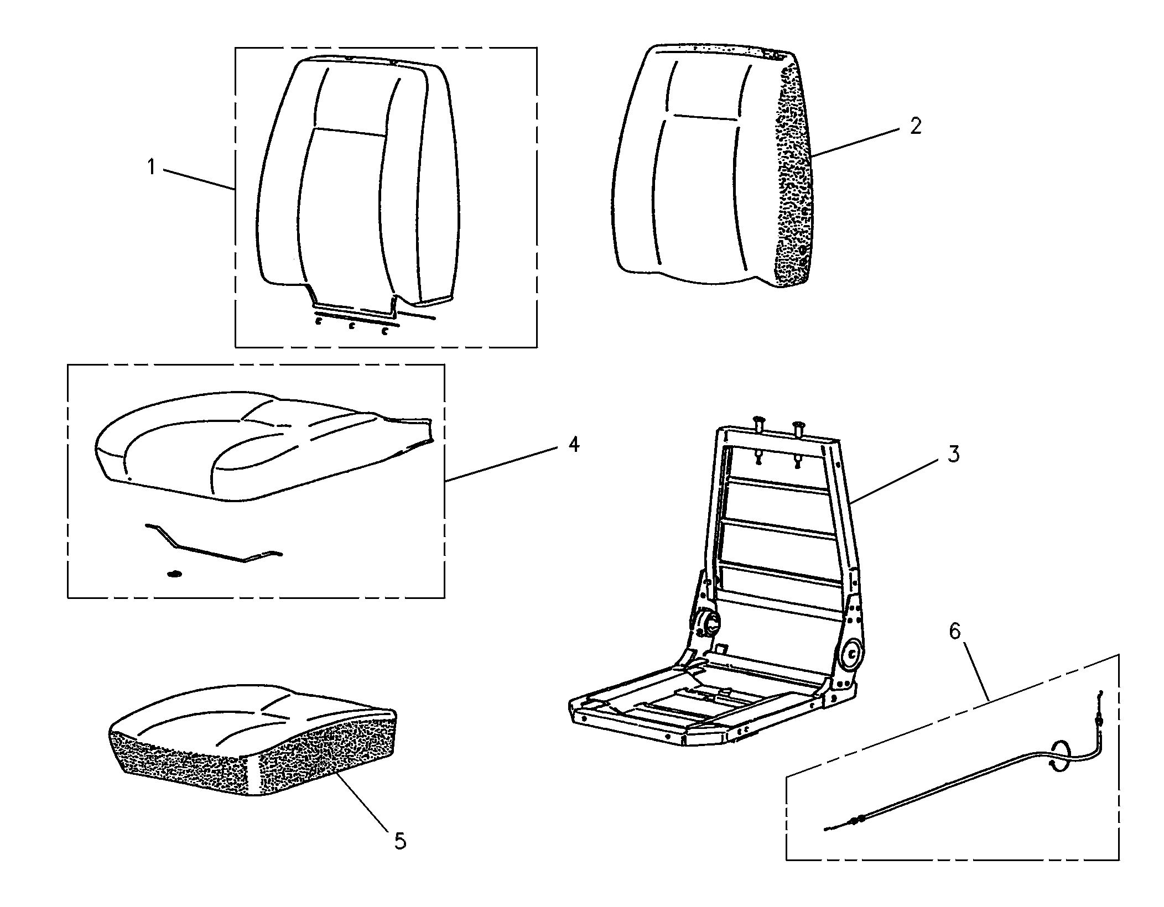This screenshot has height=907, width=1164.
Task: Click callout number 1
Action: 150,166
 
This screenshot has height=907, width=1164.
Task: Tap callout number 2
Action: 916,127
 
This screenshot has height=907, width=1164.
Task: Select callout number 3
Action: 953,454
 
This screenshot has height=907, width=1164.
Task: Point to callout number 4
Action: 574,444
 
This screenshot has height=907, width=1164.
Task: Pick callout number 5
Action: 399,841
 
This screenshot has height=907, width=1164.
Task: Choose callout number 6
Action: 955,631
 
